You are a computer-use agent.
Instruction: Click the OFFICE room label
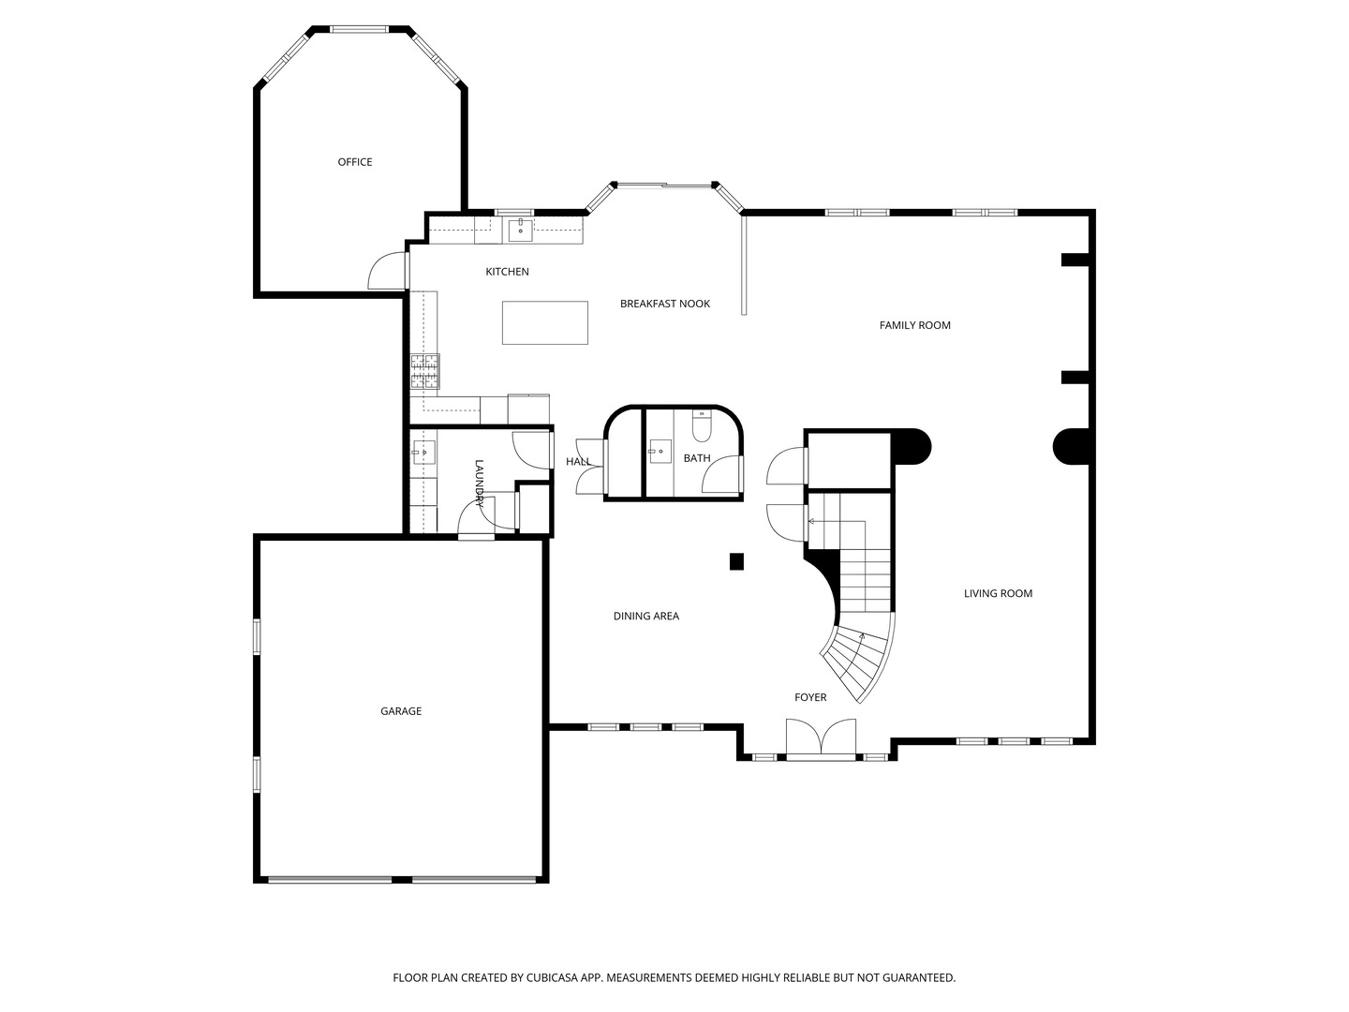tap(355, 162)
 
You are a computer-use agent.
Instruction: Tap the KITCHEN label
tap(507, 272)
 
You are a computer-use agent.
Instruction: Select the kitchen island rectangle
tap(545, 322)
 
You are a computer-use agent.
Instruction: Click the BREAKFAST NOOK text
tap(665, 304)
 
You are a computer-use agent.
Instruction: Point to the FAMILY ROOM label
tap(914, 325)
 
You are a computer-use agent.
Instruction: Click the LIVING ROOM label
tap(998, 593)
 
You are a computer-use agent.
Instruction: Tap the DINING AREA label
tap(645, 616)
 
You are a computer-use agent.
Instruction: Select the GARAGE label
tap(401, 711)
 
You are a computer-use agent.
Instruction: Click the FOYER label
tap(810, 697)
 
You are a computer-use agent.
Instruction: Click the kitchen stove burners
tap(424, 372)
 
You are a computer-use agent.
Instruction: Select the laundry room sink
tap(423, 453)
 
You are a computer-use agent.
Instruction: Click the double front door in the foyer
tap(821, 738)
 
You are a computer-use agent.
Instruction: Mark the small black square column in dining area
tap(736, 561)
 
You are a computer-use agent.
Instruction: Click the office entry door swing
tap(386, 272)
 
